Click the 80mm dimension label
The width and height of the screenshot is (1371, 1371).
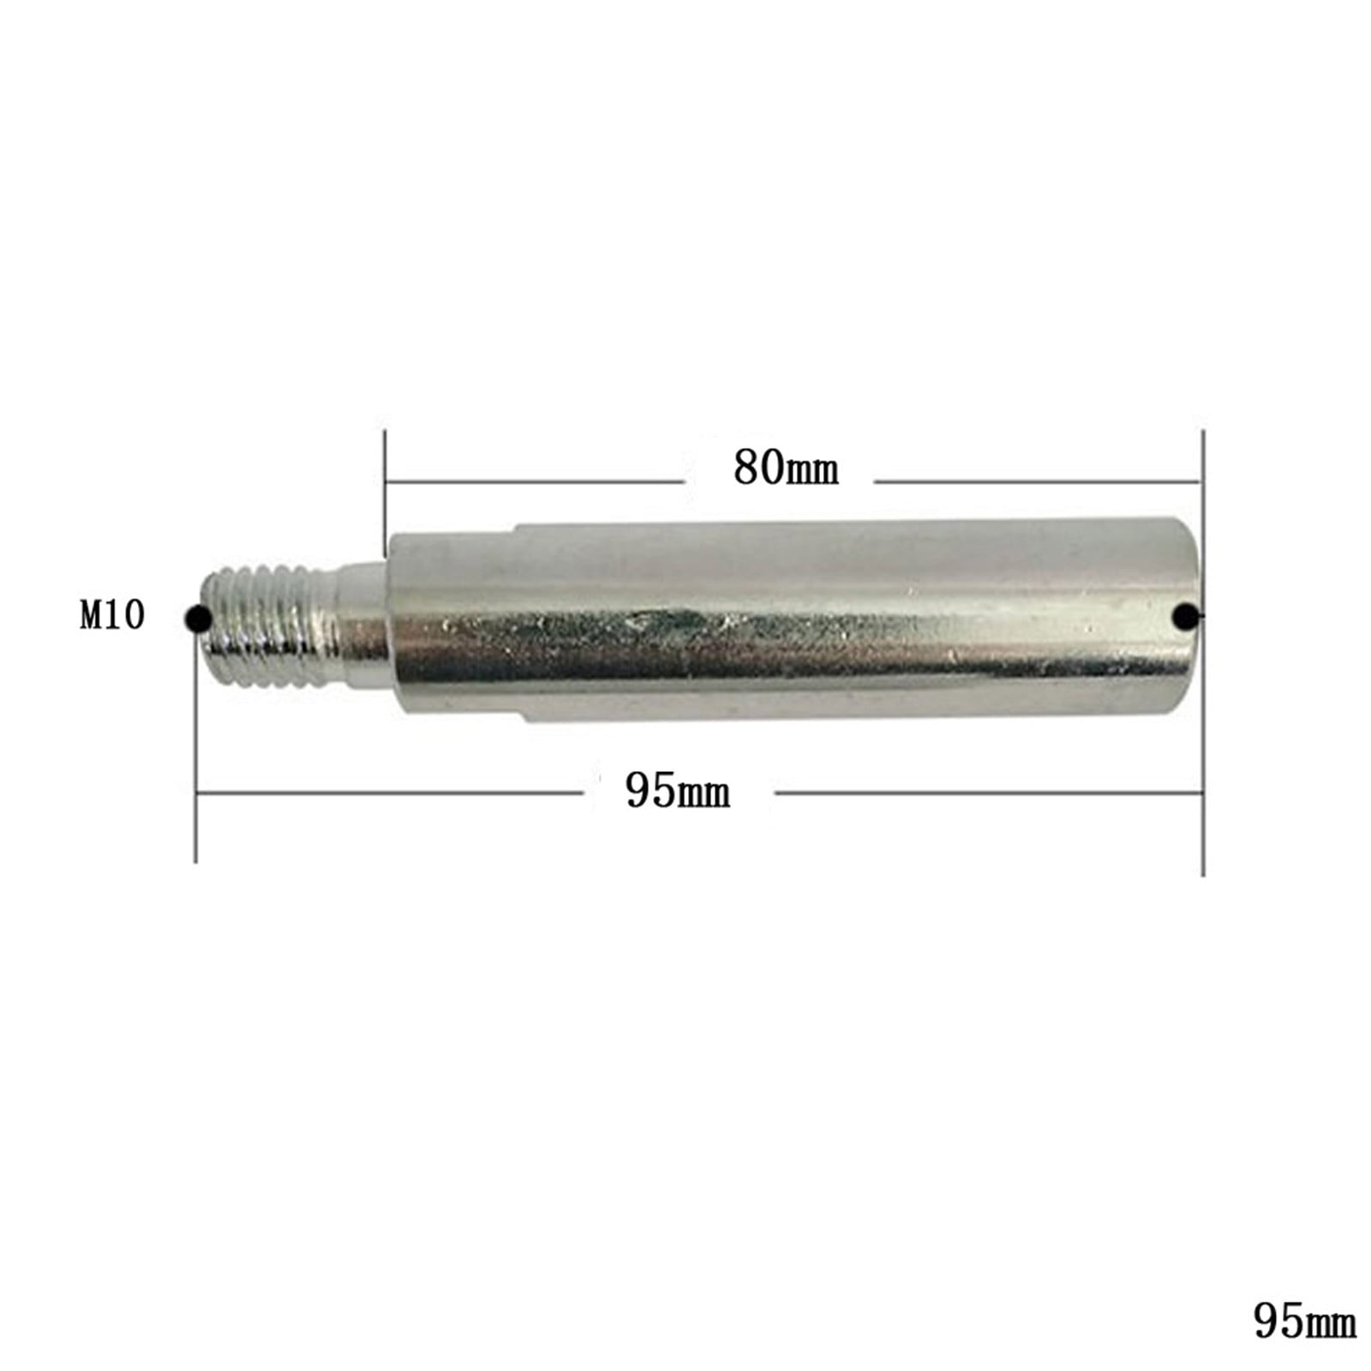(785, 469)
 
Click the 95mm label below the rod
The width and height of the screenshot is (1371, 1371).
(677, 791)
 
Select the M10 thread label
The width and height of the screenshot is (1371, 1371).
(112, 615)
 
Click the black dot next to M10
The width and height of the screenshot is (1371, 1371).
(198, 616)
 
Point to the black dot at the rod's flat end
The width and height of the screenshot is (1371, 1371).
(1186, 615)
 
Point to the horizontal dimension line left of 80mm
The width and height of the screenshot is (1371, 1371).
(531, 482)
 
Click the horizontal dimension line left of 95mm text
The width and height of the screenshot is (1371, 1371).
(386, 793)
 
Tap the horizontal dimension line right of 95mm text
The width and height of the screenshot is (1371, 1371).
(985, 793)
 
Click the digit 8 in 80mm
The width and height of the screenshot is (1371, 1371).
(745, 468)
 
